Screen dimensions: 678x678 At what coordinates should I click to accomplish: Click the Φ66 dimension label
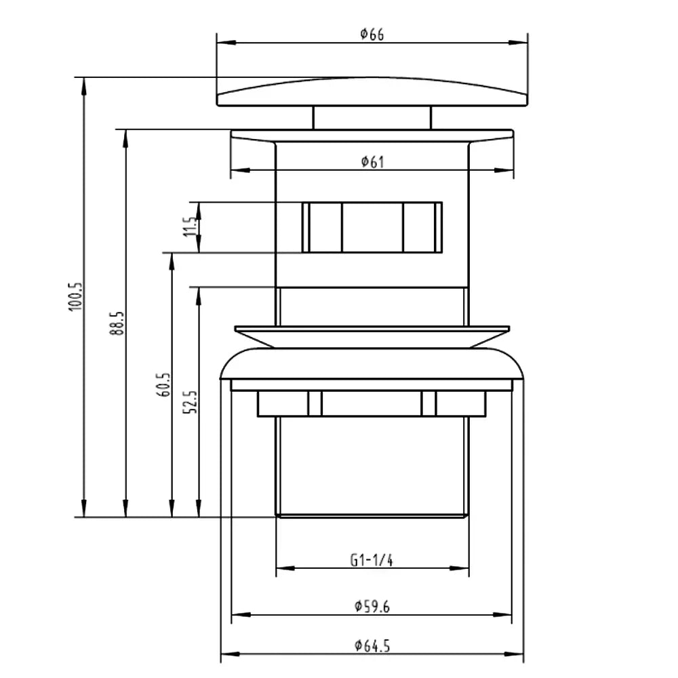click(x=372, y=34)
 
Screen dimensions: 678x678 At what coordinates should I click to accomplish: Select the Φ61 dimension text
click(x=372, y=162)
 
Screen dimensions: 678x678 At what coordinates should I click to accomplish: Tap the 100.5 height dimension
click(x=75, y=297)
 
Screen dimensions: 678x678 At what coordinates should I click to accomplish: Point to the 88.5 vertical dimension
click(x=117, y=323)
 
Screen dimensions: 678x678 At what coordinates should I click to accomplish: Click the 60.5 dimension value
click(x=163, y=385)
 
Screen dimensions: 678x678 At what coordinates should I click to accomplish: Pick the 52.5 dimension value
click(x=191, y=402)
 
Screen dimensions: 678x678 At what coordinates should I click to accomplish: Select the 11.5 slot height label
click(x=191, y=226)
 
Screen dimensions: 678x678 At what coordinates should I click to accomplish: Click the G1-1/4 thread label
click(x=372, y=561)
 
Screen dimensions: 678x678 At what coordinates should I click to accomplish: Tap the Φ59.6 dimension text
click(x=372, y=607)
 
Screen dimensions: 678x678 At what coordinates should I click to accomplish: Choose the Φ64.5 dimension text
click(x=372, y=646)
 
